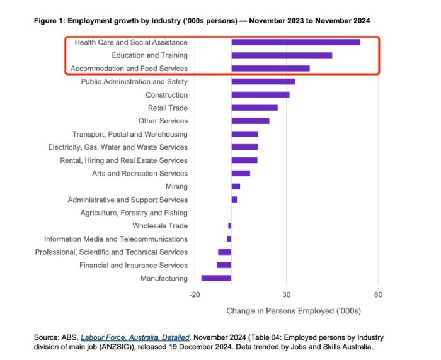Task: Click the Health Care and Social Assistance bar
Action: click(x=295, y=42)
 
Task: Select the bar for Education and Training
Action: click(x=282, y=55)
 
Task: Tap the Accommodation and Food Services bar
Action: click(x=270, y=69)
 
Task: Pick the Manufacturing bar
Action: click(x=216, y=278)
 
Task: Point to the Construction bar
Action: click(x=260, y=94)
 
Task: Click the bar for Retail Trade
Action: click(x=255, y=108)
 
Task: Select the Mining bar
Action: click(x=236, y=186)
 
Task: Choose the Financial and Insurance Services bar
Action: click(x=224, y=265)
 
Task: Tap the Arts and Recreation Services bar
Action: click(x=241, y=173)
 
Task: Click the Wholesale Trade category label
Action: click(x=159, y=226)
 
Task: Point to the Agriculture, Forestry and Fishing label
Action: click(x=134, y=213)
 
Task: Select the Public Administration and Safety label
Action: click(x=134, y=82)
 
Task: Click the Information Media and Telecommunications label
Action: click(x=115, y=239)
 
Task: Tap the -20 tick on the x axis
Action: click(x=194, y=295)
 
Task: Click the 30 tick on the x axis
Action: click(x=287, y=295)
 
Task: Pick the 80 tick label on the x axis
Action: click(x=378, y=295)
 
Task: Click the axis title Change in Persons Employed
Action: click(x=293, y=310)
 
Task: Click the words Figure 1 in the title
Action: click(x=50, y=21)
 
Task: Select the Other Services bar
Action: click(x=250, y=121)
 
